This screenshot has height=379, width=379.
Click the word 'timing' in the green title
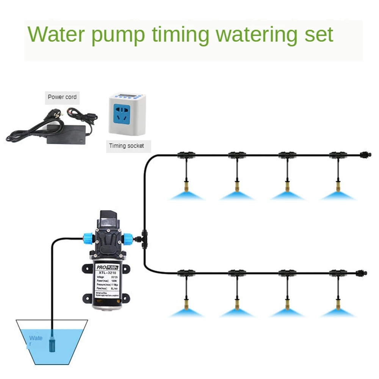point(180,35)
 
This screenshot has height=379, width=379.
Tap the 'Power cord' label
point(62,97)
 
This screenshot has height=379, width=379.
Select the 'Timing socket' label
point(127,146)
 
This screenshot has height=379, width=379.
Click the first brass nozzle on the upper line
point(186,186)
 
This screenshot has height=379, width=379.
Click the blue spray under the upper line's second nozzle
point(237,196)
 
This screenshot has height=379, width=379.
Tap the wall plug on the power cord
point(51,113)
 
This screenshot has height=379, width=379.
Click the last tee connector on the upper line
point(337,155)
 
